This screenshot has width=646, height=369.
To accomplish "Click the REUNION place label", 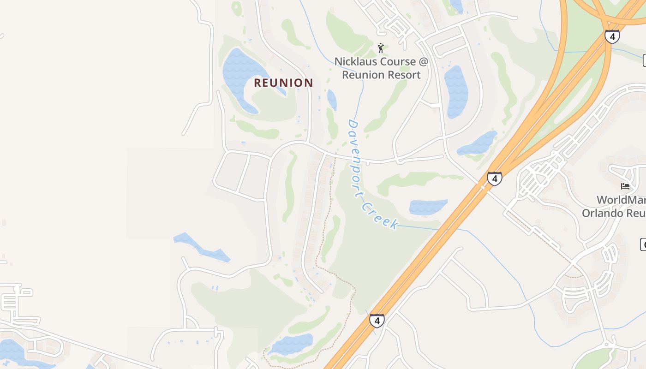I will pyautogui.click(x=283, y=83).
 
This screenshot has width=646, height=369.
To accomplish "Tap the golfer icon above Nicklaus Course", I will pyautogui.click(x=381, y=48).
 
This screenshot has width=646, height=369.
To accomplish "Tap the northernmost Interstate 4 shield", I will pyautogui.click(x=612, y=36).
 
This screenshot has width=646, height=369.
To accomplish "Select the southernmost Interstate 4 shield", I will pyautogui.click(x=377, y=320).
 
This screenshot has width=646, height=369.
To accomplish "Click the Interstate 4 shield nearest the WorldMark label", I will pyautogui.click(x=494, y=178).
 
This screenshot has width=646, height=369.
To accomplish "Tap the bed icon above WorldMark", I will pyautogui.click(x=625, y=186).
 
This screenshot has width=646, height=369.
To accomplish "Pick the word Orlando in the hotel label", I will pyautogui.click(x=600, y=213).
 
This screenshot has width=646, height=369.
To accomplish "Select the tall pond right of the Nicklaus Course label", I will pyautogui.click(x=455, y=92).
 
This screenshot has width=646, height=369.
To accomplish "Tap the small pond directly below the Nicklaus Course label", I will pyautogui.click(x=332, y=100).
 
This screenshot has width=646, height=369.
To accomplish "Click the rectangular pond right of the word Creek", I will pyautogui.click(x=428, y=207).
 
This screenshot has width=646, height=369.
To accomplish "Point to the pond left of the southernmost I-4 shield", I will pyautogui.click(x=291, y=344).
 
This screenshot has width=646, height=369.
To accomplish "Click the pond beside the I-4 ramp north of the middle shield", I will pyautogui.click(x=478, y=144).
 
